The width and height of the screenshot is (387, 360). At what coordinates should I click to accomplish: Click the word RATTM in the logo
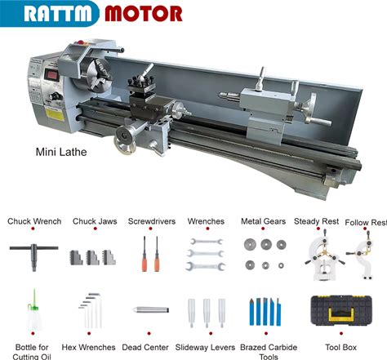(58, 13)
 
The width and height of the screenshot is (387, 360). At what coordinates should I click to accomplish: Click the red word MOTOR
(144, 14)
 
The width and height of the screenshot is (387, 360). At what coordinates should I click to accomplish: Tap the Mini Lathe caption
(61, 152)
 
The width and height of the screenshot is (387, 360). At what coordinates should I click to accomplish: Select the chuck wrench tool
(33, 256)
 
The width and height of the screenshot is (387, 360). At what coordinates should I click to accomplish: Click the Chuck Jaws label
(95, 221)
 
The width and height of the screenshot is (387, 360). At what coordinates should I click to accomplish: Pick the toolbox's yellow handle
(341, 313)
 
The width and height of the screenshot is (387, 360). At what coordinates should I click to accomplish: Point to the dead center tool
(151, 309)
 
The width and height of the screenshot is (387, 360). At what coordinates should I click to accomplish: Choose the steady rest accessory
(324, 255)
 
